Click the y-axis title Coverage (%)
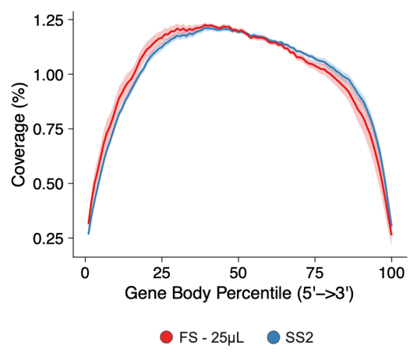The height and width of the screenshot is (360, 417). tap(19, 145)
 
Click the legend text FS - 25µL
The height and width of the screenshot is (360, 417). tap(206, 337)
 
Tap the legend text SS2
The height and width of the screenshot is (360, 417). tap(299, 337)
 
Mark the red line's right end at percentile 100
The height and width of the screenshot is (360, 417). tap(391, 234)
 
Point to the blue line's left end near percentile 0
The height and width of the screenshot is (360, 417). tap(88, 232)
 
